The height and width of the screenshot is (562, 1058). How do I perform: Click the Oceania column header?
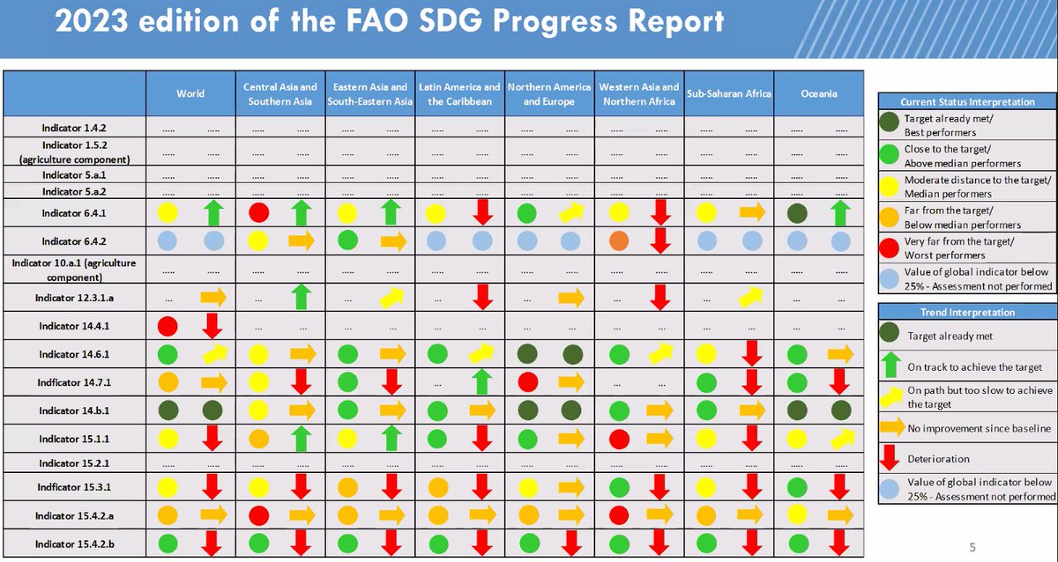coord(819,93)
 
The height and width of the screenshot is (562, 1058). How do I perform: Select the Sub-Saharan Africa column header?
coord(729,93)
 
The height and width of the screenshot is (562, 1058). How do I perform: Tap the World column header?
coord(190,93)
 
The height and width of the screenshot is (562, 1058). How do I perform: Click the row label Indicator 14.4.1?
coord(74,326)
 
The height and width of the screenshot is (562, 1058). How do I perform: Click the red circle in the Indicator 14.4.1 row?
coord(168,326)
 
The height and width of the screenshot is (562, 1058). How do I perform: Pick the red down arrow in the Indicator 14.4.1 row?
coord(212,326)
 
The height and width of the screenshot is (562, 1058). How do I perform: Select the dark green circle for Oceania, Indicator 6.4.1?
coord(797,212)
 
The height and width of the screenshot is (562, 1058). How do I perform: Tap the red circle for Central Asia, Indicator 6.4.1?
coord(258,212)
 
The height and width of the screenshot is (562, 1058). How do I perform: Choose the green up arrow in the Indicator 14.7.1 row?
coord(481,382)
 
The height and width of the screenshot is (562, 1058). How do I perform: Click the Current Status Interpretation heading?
coord(965,101)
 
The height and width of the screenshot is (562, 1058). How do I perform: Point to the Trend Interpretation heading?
coord(965,312)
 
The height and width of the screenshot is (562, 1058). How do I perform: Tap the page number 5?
coord(972,544)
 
